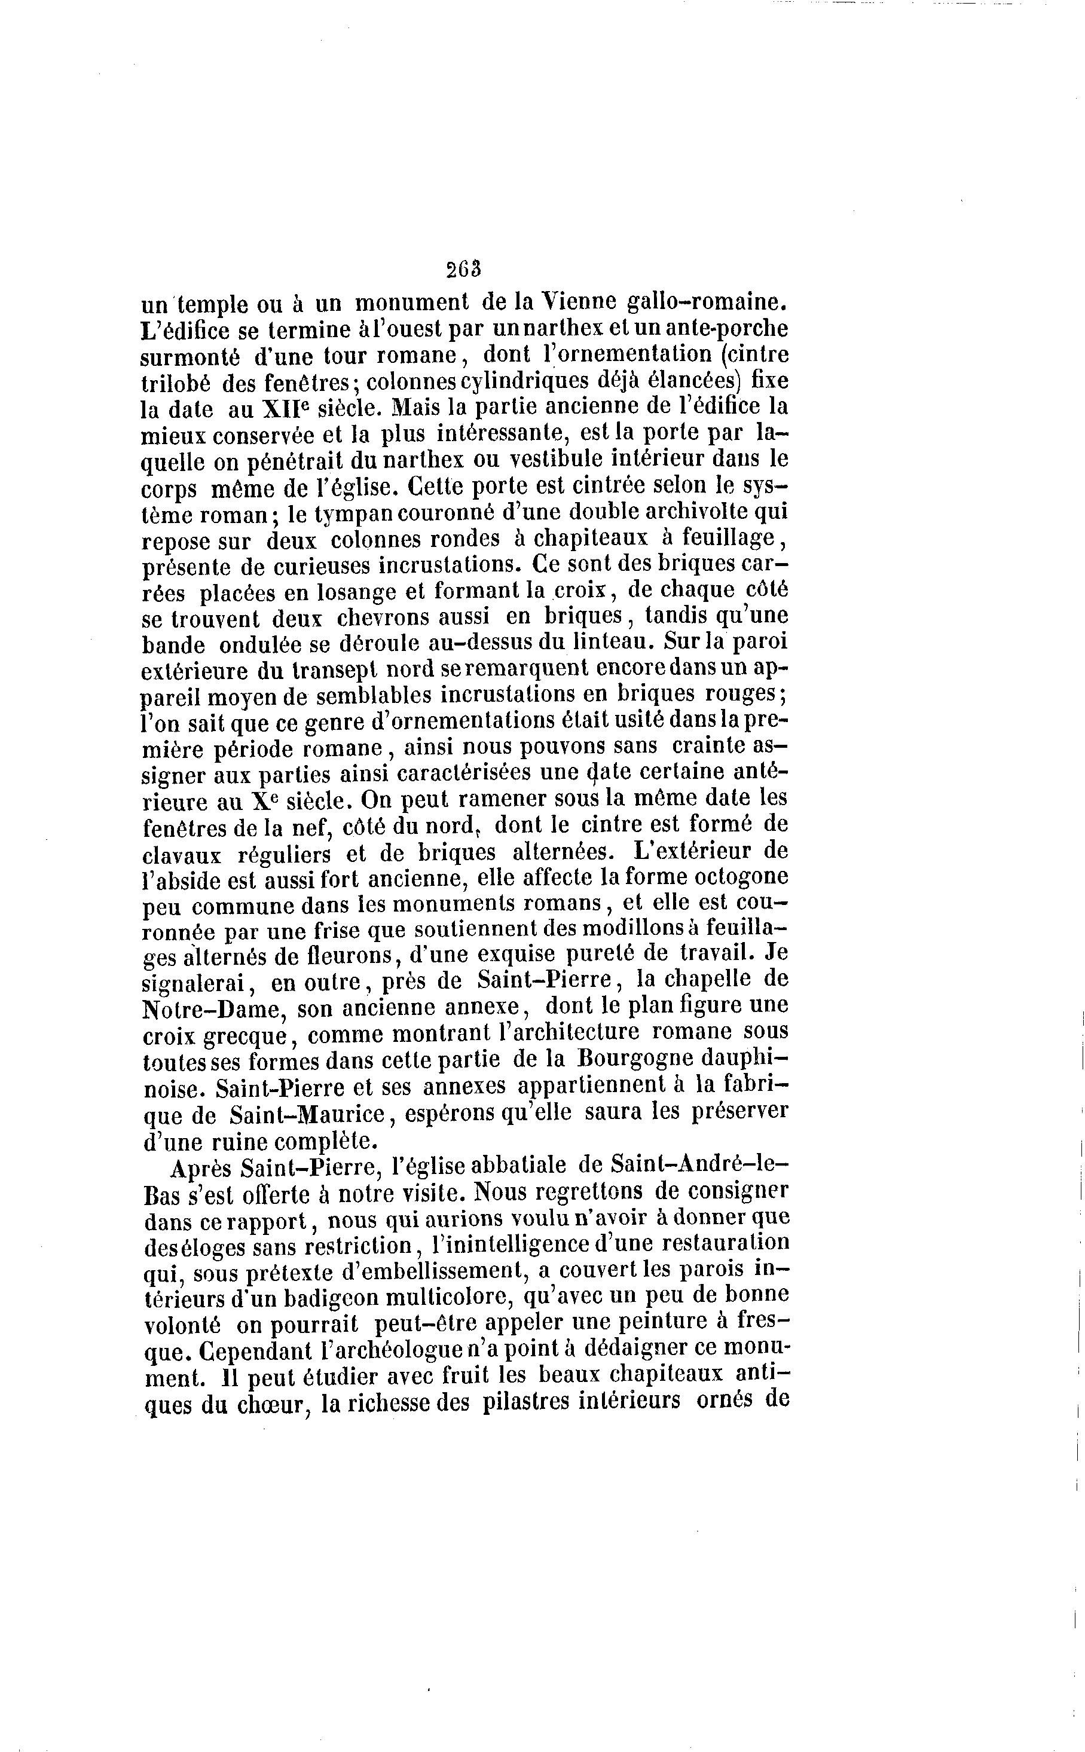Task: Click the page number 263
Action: click(463, 269)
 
